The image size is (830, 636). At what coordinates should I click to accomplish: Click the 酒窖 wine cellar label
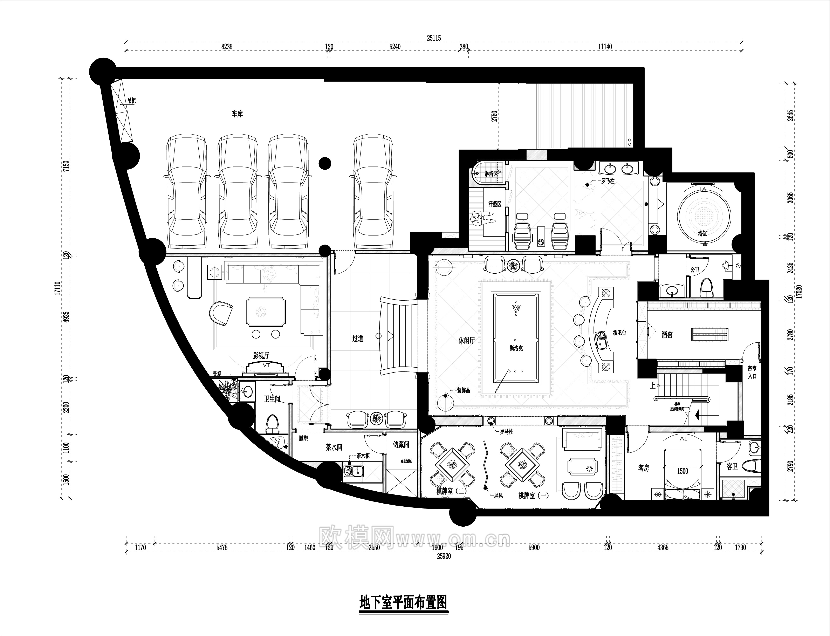coord(667,335)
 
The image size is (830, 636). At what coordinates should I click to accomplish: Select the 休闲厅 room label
coord(466,341)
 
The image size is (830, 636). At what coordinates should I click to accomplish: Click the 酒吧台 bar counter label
coord(620,333)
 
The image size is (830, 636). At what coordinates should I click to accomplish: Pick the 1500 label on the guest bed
coord(682,471)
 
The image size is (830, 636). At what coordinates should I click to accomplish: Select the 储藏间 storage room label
coord(401,445)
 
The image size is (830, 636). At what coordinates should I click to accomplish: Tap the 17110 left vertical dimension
coord(57,288)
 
